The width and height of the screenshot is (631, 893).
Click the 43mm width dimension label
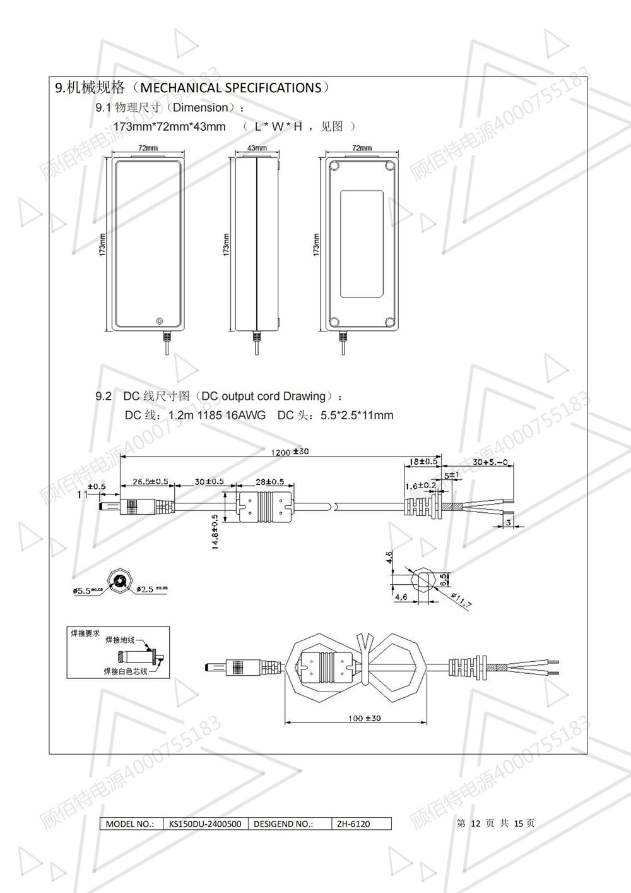coord(256,148)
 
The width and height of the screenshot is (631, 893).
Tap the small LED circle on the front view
coord(159,321)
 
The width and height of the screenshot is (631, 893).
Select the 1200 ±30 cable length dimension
coord(290,452)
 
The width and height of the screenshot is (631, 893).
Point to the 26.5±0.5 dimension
coord(150,481)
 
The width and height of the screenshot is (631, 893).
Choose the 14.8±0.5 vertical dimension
coord(215,531)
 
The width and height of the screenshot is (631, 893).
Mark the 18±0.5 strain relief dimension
coord(423,461)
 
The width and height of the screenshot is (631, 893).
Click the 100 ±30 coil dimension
coord(364,718)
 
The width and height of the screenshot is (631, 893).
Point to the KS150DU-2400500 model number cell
coord(205,824)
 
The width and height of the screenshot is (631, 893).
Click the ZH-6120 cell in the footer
coord(353,824)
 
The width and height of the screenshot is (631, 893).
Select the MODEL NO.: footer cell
coord(129,824)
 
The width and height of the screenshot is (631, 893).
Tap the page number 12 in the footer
coord(476,824)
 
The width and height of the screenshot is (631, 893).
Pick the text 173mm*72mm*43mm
coord(169,126)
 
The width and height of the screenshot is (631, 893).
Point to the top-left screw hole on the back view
coord(334,167)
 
